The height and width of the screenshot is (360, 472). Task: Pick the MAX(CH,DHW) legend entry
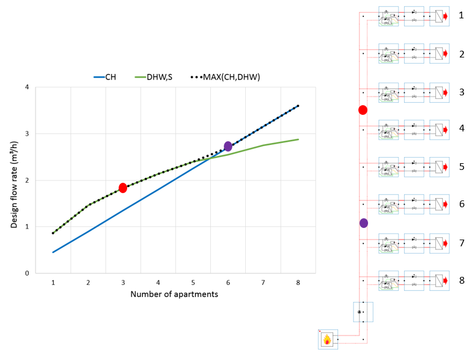225,77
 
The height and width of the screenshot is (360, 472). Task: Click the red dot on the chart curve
123,188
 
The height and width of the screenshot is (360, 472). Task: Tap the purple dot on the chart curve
228,146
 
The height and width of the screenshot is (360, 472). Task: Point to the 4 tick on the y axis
26,87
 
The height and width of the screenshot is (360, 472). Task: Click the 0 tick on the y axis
26,273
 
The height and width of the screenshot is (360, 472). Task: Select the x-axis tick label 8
298,283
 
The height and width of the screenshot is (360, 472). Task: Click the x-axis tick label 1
53,283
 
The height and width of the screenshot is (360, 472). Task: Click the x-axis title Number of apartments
174,294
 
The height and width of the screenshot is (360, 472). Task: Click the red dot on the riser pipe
363,110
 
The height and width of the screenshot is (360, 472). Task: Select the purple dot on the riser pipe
364,223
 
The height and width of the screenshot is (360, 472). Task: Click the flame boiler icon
328,339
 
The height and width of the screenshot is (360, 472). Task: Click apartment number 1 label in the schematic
462,15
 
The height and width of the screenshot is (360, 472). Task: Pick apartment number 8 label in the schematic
462,280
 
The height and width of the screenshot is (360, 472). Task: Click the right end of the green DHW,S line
298,139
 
